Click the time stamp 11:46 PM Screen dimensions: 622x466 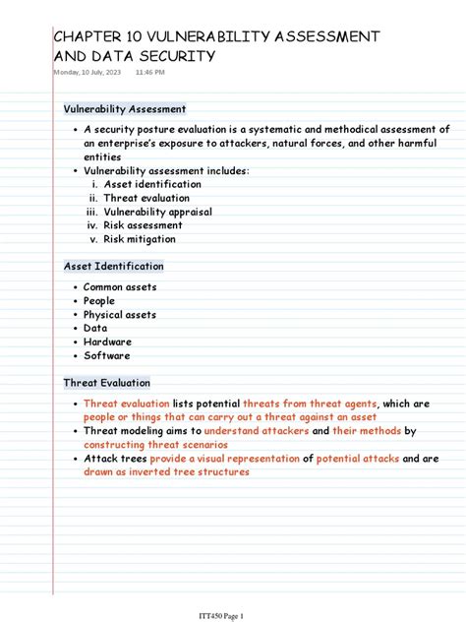tap(150, 73)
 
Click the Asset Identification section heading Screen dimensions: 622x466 tap(114, 267)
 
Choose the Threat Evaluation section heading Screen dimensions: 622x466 tap(107, 383)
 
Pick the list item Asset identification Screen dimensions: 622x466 tap(152, 184)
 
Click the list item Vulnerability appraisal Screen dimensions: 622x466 tap(157, 212)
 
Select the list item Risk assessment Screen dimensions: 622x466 tap(145, 225)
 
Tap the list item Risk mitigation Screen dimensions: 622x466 tap(140, 239)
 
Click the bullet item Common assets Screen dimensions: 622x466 tap(120, 287)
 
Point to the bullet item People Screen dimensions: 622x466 tap(99, 301)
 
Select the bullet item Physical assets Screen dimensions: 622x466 tap(120, 315)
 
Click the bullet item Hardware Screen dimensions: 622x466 tap(107, 342)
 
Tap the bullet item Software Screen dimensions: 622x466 tap(107, 356)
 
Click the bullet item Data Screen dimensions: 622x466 tap(95, 329)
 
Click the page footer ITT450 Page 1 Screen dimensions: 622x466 tap(233, 590)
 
